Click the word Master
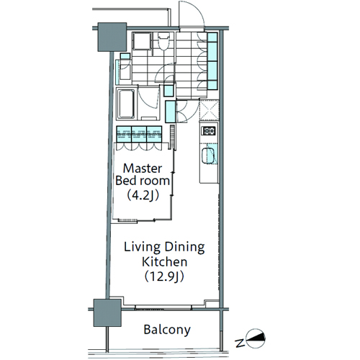(x=143, y=168)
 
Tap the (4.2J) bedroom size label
(x=143, y=196)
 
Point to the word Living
(x=142, y=248)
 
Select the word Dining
(x=185, y=248)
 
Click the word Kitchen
(x=165, y=262)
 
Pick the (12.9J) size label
(x=165, y=276)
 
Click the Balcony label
(x=167, y=330)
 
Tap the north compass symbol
(x=256, y=338)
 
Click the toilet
(x=163, y=41)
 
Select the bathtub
(x=125, y=104)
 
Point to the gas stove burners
(x=210, y=131)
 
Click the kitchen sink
(x=208, y=156)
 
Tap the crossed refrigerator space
(x=210, y=110)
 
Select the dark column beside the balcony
(x=107, y=312)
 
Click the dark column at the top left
(x=112, y=37)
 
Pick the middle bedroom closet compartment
(x=139, y=135)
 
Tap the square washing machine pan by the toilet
(x=142, y=41)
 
